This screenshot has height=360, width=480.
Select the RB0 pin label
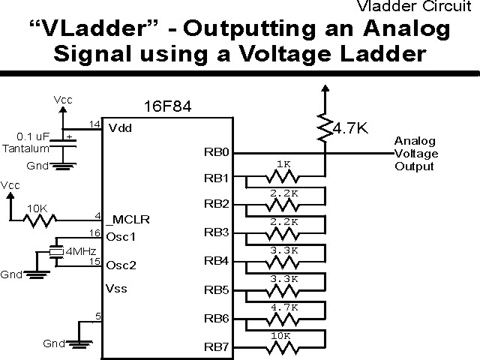tap(216, 151)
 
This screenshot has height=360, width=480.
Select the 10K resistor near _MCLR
tap(38, 220)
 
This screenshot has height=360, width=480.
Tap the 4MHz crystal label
tap(79, 250)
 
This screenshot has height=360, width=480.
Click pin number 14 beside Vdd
tap(94, 123)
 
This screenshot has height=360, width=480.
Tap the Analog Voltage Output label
tap(416, 154)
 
